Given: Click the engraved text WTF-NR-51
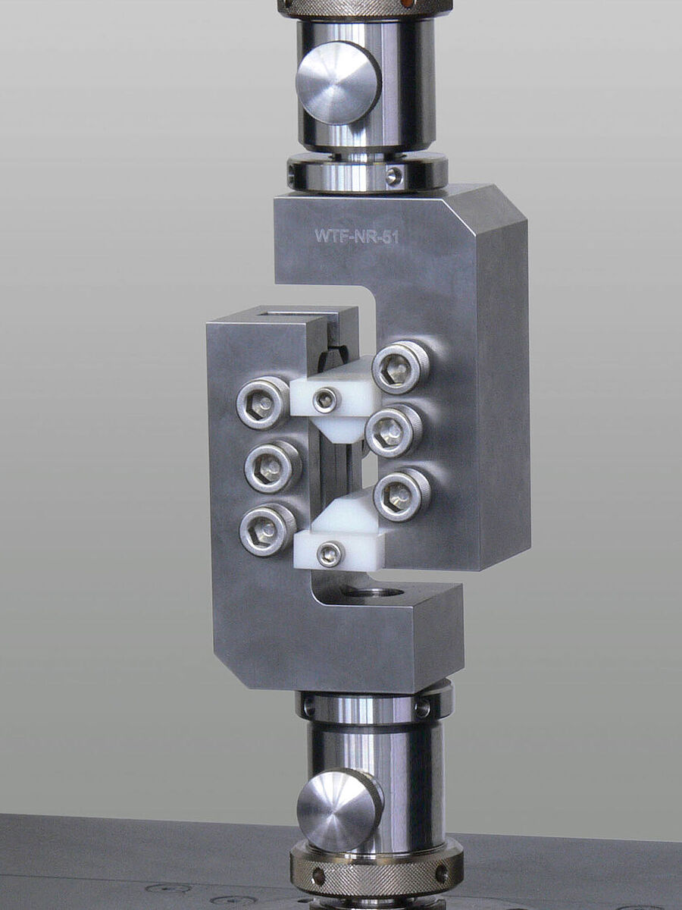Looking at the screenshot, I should pos(356,236).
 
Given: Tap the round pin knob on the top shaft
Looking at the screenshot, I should pos(338,83).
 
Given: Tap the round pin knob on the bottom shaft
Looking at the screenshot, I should pos(339,809).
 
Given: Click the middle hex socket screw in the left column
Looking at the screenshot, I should pos(272,466).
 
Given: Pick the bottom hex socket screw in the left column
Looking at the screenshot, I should pos(267,529).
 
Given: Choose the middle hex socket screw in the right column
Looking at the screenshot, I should pos(393,431).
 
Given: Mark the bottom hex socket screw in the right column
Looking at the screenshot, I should pos(402,495).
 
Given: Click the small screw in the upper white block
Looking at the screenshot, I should pos(325,400).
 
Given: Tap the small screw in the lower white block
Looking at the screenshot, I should pos(330,554).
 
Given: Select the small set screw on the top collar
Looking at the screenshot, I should pos(393,177).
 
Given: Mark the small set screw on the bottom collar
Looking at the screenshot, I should pos(421,708).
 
